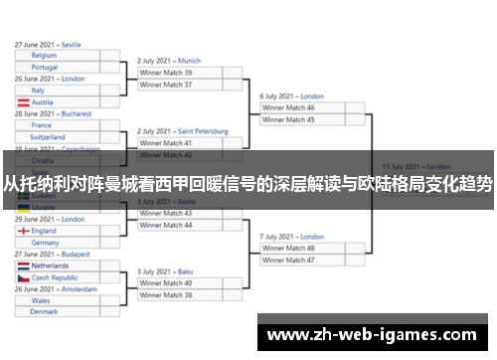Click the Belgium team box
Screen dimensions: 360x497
click(58, 56)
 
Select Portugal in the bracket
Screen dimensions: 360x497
click(58, 67)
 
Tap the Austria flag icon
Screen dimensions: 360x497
click(23, 101)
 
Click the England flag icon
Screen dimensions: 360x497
click(23, 231)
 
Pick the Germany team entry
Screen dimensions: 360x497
click(58, 242)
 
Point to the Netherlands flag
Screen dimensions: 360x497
click(23, 267)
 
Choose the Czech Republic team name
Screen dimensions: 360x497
click(58, 278)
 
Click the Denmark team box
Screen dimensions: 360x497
click(58, 312)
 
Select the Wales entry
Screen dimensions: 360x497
click(58, 300)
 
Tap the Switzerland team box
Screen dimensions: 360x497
click(58, 137)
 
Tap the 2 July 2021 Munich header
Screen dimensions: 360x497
click(169, 61)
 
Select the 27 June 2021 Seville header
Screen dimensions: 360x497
click(48, 44)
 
